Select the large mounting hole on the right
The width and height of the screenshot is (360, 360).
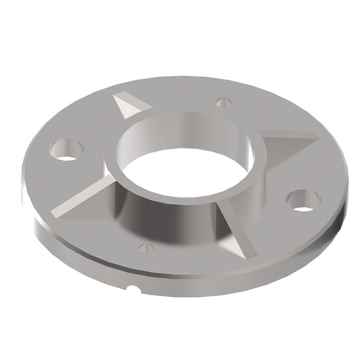click(304, 200)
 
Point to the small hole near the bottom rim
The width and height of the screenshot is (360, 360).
click(146, 248)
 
